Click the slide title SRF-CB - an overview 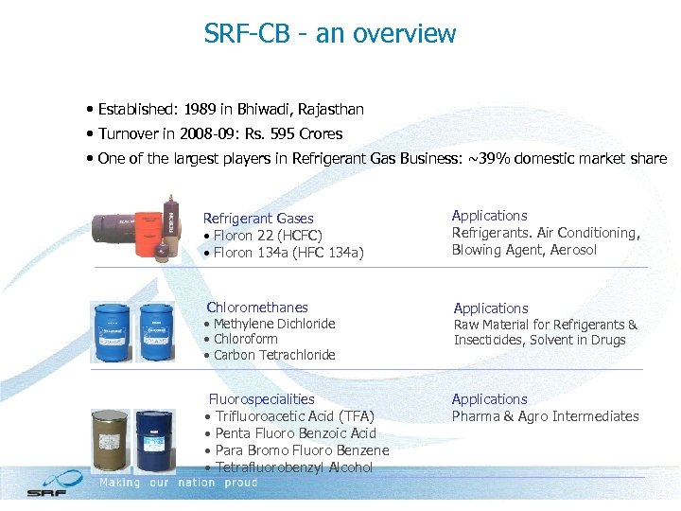[x=330, y=34]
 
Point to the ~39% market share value [x=501, y=159]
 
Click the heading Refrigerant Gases [x=258, y=219]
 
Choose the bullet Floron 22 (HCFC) [x=267, y=236]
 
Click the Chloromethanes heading [x=257, y=307]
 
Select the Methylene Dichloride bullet [x=273, y=324]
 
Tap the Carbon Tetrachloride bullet [x=274, y=355]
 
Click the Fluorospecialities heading [x=261, y=399]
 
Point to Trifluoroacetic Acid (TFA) [x=294, y=416]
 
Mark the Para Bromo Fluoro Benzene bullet [x=302, y=450]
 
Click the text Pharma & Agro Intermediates [x=545, y=416]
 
